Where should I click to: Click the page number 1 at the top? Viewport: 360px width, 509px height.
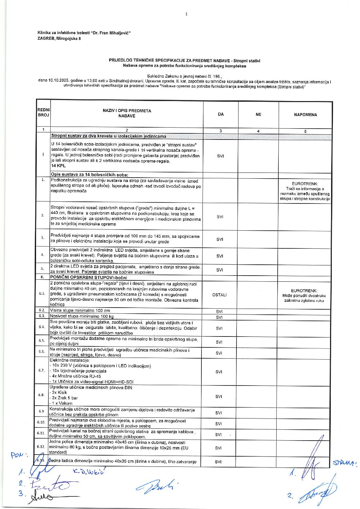(x=186, y=14)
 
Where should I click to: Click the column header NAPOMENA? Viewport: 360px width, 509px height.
(x=305, y=115)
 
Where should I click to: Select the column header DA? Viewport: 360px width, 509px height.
(x=221, y=114)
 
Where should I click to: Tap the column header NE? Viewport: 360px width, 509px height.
(x=259, y=115)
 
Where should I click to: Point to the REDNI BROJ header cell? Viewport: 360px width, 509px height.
(x=44, y=113)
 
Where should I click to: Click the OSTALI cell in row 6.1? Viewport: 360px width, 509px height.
(x=219, y=295)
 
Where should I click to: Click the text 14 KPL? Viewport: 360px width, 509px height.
(x=58, y=166)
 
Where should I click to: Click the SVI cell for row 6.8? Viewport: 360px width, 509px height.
(x=219, y=397)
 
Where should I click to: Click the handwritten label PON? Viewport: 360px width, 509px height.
(x=19, y=455)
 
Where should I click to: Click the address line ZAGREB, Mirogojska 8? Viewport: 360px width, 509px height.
(x=59, y=38)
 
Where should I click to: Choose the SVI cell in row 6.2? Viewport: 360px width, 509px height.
(x=219, y=311)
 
